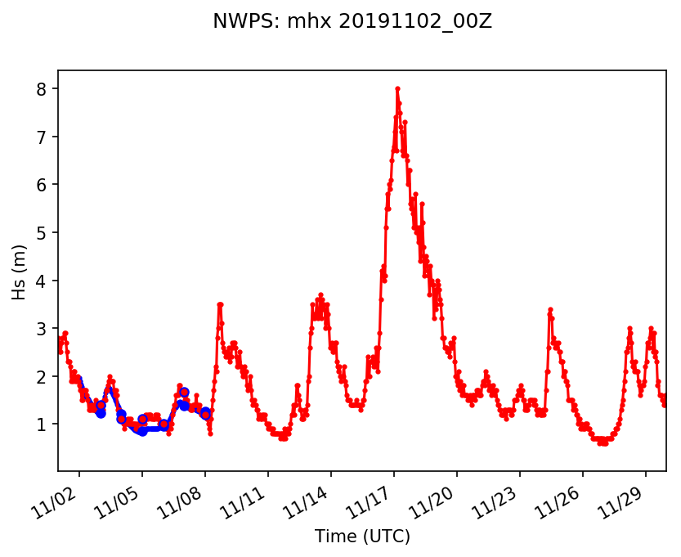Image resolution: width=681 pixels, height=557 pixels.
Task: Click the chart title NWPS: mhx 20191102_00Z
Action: [352, 22]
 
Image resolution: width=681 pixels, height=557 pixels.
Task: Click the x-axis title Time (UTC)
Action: [362, 537]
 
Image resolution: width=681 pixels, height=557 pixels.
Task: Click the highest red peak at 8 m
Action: [397, 88]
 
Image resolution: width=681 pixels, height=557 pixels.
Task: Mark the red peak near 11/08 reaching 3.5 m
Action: [220, 304]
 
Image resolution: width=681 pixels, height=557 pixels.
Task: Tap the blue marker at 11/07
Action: [184, 393]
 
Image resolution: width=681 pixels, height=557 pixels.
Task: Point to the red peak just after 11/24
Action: [551, 309]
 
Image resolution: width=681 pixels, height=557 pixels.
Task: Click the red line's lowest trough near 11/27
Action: [603, 443]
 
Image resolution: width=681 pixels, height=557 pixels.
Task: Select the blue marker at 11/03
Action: [101, 413]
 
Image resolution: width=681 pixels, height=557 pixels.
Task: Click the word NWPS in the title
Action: [237, 22]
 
